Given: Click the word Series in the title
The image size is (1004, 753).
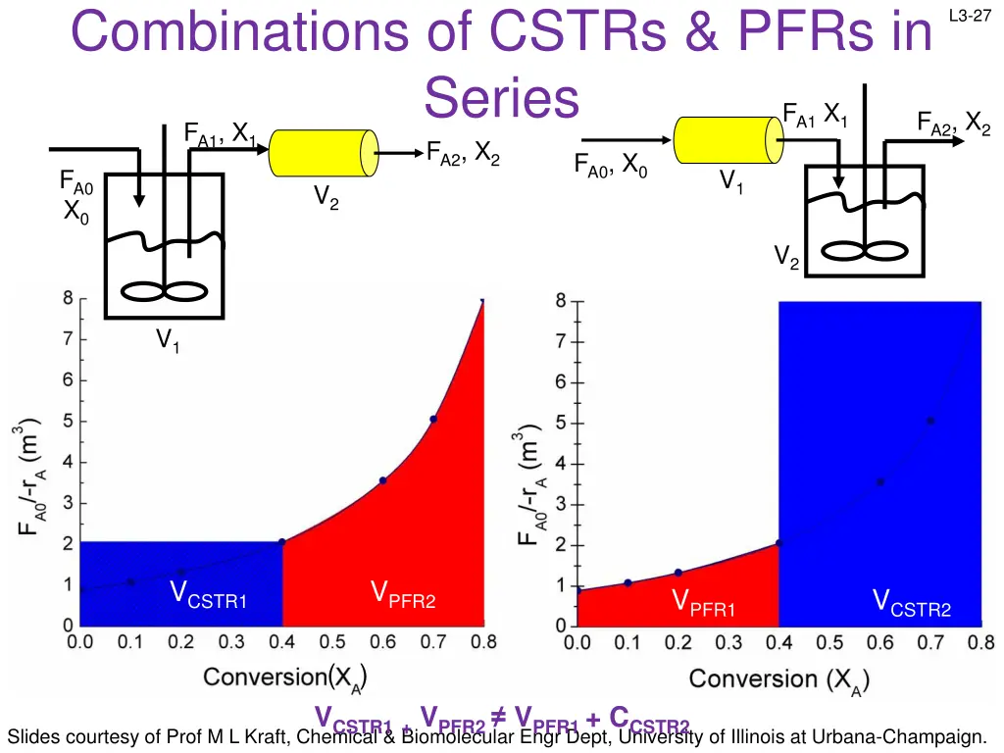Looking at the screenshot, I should point(502,98).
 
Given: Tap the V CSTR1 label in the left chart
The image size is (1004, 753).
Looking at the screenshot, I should point(208,595).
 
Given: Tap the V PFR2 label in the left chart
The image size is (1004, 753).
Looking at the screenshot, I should point(402,595).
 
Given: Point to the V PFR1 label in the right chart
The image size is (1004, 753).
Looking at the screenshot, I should point(704,603).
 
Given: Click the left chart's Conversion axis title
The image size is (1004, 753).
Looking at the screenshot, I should point(285,677).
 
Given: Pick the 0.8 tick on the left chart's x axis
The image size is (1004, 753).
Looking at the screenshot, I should point(483,643).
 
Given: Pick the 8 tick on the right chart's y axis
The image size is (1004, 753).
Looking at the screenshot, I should point(561,302).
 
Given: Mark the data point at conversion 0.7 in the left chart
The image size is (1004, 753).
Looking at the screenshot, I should point(433,420).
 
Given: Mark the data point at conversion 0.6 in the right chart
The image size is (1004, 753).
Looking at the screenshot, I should point(880,481).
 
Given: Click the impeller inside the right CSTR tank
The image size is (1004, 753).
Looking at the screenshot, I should point(864,251).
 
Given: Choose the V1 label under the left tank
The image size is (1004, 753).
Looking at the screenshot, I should point(168,341).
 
